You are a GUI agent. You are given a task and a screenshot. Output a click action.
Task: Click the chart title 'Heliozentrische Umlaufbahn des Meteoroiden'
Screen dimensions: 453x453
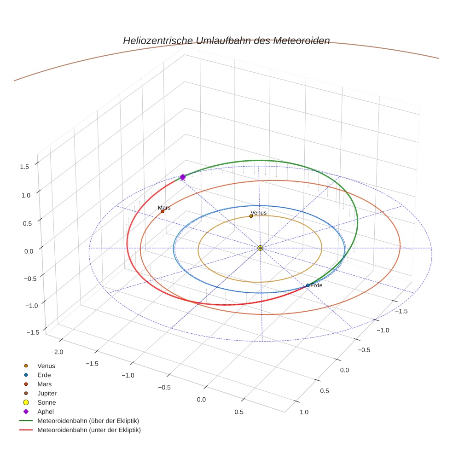click(226, 41)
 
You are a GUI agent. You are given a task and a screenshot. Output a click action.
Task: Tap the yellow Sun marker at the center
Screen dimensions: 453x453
click(260, 248)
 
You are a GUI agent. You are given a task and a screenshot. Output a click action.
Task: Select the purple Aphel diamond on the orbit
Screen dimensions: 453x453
click(183, 177)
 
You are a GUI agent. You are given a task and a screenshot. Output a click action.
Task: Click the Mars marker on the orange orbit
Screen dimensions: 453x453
click(163, 211)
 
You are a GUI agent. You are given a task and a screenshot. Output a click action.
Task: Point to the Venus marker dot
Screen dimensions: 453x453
click(251, 216)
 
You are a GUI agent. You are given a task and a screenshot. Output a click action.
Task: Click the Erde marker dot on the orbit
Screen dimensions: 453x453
click(308, 285)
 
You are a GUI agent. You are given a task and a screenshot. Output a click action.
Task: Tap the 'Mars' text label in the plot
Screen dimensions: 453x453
click(164, 208)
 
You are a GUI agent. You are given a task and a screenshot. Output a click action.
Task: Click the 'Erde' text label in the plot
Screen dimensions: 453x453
click(316, 285)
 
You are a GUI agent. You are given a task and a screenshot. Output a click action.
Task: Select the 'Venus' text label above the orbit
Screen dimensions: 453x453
click(258, 213)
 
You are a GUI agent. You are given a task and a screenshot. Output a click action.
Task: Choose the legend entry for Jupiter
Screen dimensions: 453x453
click(47, 393)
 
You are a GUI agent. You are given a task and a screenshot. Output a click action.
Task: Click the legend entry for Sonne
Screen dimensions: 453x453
click(46, 402)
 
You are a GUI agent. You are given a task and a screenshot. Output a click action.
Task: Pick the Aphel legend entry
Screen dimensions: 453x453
click(46, 412)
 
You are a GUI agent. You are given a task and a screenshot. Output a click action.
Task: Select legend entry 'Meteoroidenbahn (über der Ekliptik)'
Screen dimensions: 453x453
click(88, 421)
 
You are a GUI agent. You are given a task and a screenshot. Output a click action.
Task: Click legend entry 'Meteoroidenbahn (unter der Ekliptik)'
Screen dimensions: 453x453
click(89, 430)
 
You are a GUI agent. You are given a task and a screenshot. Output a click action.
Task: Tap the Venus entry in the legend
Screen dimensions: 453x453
click(46, 366)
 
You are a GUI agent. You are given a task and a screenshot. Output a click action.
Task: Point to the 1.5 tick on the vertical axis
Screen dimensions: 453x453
click(25, 167)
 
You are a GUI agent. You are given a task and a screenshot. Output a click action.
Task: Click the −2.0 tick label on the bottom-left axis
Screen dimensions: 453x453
click(57, 352)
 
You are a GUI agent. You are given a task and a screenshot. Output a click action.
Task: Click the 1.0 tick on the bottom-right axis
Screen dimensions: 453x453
click(304, 412)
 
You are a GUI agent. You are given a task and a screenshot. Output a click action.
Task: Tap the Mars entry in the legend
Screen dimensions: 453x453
click(45, 384)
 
